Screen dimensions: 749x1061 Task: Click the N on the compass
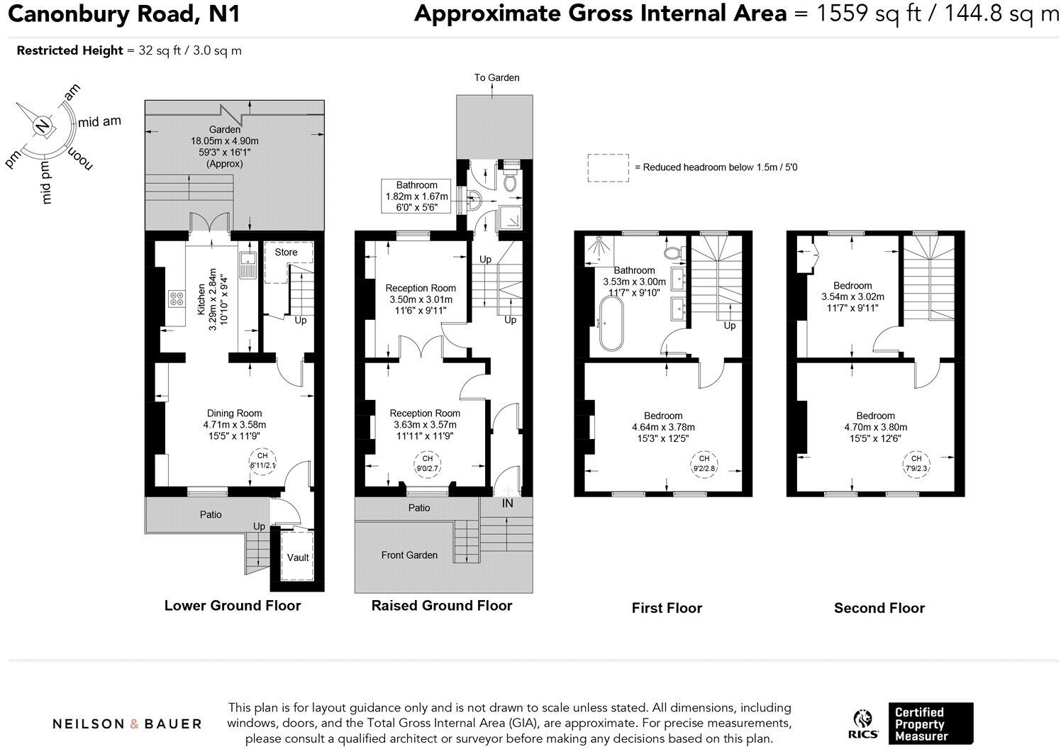pos(43,126)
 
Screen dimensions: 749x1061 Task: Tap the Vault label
pos(298,557)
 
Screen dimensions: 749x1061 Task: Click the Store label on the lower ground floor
pos(286,252)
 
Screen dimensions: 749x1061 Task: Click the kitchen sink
pos(248,265)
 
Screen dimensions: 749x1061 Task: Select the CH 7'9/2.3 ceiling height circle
pos(916,463)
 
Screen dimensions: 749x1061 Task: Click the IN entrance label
pos(508,503)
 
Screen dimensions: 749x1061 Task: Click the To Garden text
pos(496,77)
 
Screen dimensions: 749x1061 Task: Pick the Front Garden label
pos(409,555)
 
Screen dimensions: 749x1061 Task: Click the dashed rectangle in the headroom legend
pos(608,167)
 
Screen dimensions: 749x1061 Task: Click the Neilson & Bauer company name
pos(127,723)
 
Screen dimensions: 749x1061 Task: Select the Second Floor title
pos(879,608)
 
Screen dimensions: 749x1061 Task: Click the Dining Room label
pos(234,414)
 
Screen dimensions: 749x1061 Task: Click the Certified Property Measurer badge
pos(931,723)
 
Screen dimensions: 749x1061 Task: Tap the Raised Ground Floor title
pos(441,605)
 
